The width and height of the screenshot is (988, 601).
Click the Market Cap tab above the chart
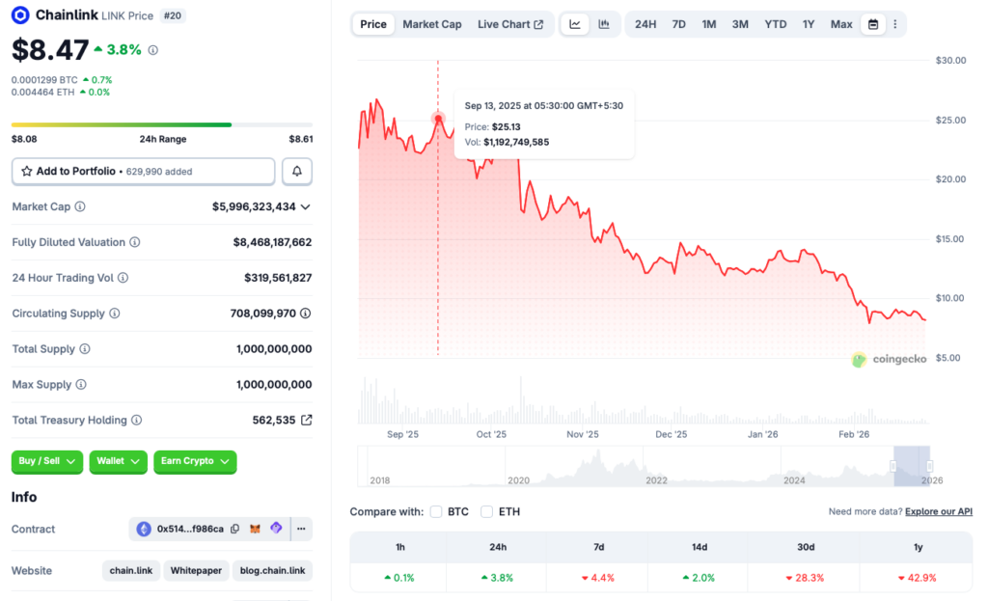click(x=431, y=24)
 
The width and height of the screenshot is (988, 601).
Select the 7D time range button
click(x=678, y=24)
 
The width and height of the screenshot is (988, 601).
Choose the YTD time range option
click(x=775, y=24)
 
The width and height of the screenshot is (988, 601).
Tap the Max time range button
click(x=841, y=24)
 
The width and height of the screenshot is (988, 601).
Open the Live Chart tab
click(x=509, y=24)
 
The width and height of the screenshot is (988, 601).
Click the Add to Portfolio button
click(x=143, y=171)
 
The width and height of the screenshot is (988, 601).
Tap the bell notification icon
click(x=297, y=171)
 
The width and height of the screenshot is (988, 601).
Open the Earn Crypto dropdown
click(x=194, y=461)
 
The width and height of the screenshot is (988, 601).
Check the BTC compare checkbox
click(x=436, y=511)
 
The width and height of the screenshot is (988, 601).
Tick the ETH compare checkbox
click(x=487, y=511)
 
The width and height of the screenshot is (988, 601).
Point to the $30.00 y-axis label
click(x=950, y=60)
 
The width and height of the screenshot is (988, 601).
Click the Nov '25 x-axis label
click(x=582, y=434)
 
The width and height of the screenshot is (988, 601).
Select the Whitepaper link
click(x=196, y=570)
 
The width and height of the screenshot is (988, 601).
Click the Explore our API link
click(x=939, y=511)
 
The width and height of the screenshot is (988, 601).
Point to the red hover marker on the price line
click(x=438, y=119)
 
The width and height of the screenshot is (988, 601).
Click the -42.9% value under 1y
click(x=918, y=578)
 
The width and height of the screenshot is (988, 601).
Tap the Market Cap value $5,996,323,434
click(x=254, y=206)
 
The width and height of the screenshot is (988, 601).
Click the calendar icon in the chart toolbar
click(x=873, y=24)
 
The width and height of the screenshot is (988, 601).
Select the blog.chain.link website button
click(x=273, y=570)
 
